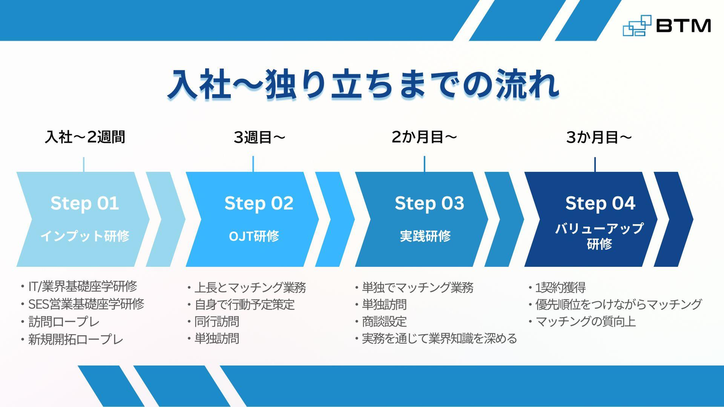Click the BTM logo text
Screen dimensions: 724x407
click(x=684, y=26)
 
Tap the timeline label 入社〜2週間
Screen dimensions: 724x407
click(x=85, y=137)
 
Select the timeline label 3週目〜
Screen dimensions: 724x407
click(x=259, y=137)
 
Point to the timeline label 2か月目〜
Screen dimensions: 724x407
click(x=424, y=137)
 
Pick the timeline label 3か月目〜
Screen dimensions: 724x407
click(x=599, y=137)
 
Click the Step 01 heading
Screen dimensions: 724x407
click(x=84, y=203)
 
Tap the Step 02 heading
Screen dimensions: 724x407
click(x=259, y=203)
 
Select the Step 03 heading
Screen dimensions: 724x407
click(x=429, y=203)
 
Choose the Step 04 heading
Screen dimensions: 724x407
click(x=600, y=203)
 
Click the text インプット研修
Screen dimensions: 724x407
click(x=85, y=236)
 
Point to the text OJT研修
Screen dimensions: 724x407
click(x=254, y=236)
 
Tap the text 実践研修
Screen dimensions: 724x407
click(x=425, y=236)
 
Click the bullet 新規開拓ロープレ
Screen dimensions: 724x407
click(x=75, y=340)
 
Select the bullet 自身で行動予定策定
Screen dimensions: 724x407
click(x=245, y=304)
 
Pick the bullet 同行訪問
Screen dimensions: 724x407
click(x=217, y=322)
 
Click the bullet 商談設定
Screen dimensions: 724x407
click(x=384, y=322)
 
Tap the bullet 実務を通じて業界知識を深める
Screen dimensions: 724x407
click(x=439, y=339)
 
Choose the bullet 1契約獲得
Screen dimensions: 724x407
click(x=561, y=287)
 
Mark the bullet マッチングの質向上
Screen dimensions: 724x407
click(x=586, y=322)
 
